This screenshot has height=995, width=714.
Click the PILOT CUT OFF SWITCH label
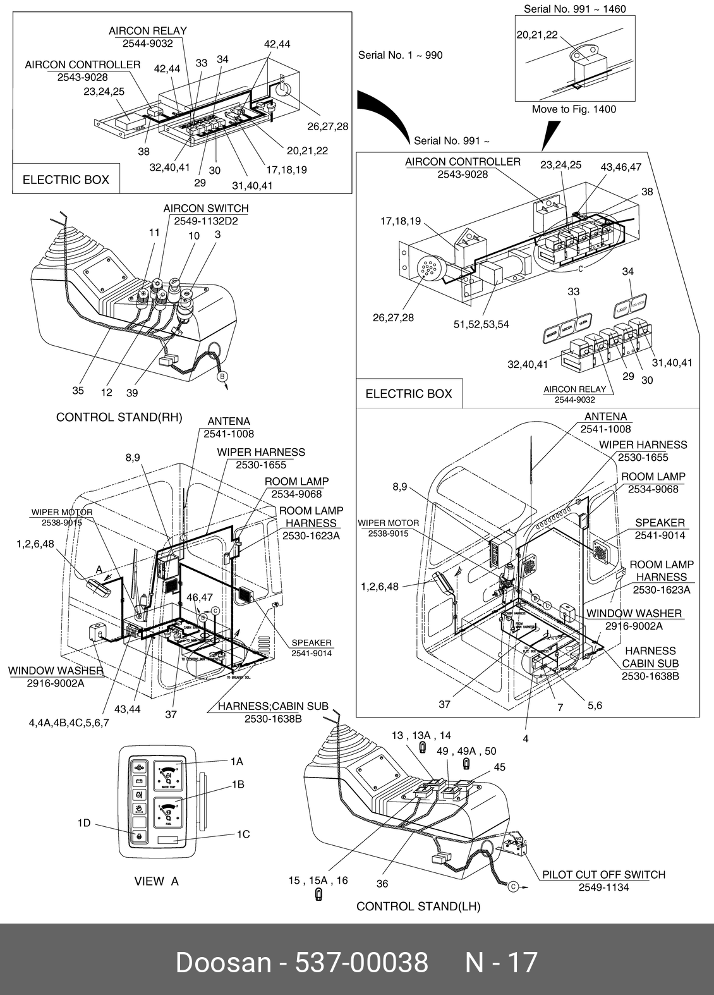click(x=603, y=874)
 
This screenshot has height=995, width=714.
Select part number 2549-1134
click(x=603, y=887)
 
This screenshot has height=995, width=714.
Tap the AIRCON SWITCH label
click(x=206, y=208)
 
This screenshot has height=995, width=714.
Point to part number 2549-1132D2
click(x=206, y=221)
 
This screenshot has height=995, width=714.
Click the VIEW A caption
click(x=157, y=881)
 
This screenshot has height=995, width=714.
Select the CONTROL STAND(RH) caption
click(x=119, y=417)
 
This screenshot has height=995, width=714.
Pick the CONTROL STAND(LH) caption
click(x=418, y=906)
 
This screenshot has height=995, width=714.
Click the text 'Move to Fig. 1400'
click(x=574, y=109)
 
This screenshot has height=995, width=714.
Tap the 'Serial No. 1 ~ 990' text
click(x=400, y=55)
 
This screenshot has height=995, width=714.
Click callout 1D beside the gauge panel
click(x=84, y=823)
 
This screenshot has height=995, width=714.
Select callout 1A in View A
click(x=236, y=762)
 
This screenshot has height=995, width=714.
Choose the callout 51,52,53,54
click(x=481, y=324)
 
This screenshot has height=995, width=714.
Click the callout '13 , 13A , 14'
click(x=421, y=735)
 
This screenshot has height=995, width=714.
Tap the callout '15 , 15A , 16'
click(x=318, y=880)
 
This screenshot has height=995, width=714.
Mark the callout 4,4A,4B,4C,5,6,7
click(x=69, y=723)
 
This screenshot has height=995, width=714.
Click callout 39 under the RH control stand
click(x=132, y=393)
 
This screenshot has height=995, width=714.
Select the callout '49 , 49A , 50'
click(x=466, y=751)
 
